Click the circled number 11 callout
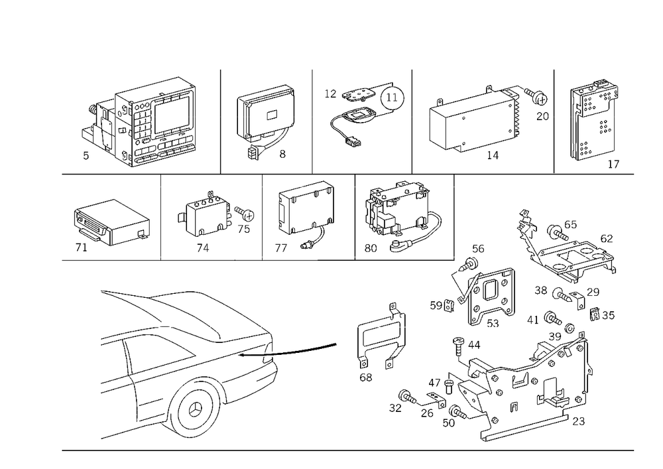[392, 98]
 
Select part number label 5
[86, 156]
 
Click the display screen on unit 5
[173, 116]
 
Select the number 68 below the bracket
[366, 377]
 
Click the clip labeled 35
[595, 313]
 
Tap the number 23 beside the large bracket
[578, 421]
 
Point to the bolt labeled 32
[407, 397]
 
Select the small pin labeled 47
[449, 386]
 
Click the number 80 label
[371, 248]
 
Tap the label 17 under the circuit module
[613, 164]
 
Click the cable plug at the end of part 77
[304, 245]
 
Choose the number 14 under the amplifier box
[493, 155]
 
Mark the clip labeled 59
[449, 304]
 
